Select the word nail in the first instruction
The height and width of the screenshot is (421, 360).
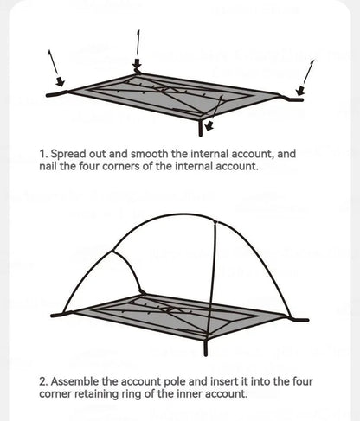pyautogui.click(x=49, y=167)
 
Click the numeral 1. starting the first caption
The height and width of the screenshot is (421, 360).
pyautogui.click(x=43, y=155)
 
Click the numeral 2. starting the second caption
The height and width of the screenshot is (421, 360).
pyautogui.click(x=43, y=381)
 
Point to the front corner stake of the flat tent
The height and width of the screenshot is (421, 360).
pyautogui.click(x=205, y=127)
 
